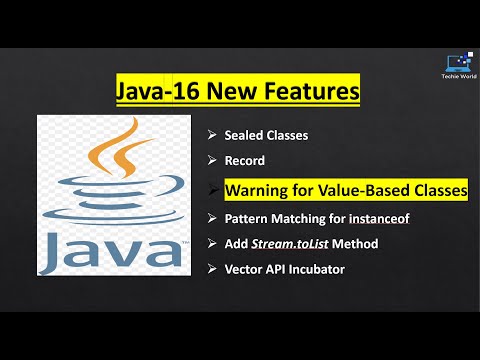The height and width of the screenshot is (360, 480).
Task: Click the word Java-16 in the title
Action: (x=159, y=93)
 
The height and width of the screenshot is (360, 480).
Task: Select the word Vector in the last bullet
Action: (x=245, y=268)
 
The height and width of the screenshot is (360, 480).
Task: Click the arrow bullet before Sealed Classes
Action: (x=212, y=135)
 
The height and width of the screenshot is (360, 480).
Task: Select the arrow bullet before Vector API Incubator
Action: (x=212, y=268)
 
